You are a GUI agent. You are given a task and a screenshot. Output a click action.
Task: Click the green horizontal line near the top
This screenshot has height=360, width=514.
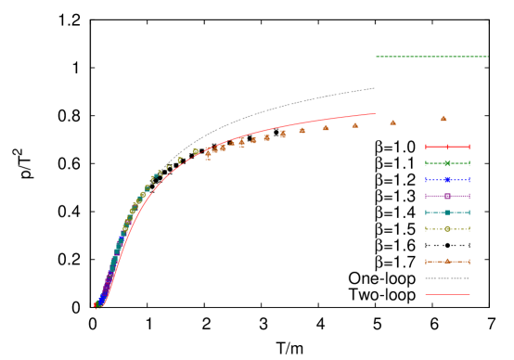431,57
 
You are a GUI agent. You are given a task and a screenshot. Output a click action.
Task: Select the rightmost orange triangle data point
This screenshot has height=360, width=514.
443,118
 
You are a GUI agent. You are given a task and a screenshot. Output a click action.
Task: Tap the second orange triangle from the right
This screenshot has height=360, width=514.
392,122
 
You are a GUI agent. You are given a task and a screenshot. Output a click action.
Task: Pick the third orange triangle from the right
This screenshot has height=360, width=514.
355,124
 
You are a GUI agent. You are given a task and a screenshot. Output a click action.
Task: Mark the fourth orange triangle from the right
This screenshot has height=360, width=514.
326,127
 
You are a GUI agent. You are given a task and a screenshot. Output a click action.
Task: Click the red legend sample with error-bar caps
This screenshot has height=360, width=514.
447,147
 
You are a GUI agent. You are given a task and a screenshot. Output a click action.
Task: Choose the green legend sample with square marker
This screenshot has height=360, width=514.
447,163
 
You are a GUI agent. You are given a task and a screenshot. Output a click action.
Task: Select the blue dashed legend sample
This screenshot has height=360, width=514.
447,180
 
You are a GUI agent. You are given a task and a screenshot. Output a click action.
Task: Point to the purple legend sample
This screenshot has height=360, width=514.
447,196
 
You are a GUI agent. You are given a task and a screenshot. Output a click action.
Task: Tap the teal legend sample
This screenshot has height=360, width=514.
447,212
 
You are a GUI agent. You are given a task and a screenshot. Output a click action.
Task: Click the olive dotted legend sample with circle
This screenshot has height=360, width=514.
447,229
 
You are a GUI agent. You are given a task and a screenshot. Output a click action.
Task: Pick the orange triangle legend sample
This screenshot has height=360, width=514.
447,262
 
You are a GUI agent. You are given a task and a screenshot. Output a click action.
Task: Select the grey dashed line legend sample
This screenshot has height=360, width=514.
447,278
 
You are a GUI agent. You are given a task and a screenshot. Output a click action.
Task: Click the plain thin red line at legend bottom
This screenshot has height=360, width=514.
447,295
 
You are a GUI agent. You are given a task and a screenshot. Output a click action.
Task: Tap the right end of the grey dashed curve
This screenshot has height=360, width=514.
374,88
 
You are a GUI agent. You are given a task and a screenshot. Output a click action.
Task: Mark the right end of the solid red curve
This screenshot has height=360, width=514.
374,114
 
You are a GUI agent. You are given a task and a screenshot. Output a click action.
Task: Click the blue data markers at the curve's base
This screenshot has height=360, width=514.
101,301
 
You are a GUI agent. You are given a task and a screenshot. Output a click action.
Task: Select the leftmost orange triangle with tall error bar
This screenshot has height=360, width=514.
208,152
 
